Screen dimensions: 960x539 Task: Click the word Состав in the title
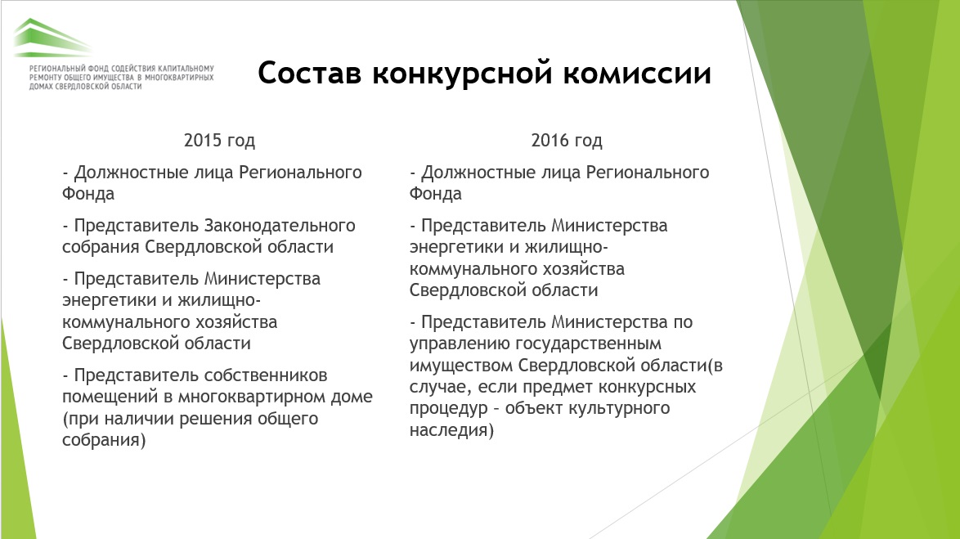pyautogui.click(x=309, y=73)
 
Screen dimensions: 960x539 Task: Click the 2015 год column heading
pyautogui.click(x=219, y=140)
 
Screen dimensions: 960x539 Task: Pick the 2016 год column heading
pyautogui.click(x=567, y=140)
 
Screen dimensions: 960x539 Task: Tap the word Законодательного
pyautogui.click(x=280, y=226)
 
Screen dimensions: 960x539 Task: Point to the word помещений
pyautogui.click(x=110, y=397)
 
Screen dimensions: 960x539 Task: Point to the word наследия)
pyautogui.click(x=452, y=430)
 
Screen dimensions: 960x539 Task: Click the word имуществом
pyautogui.click(x=461, y=366)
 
